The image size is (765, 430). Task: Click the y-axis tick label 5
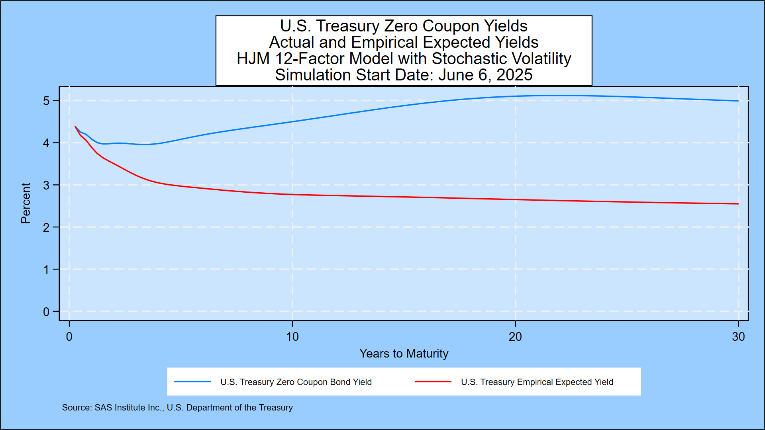tap(46, 101)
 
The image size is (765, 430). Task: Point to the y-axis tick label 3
tap(46, 185)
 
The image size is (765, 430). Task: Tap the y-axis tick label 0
tap(46, 312)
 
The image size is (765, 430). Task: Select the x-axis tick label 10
tap(292, 337)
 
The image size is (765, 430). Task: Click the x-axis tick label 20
tap(515, 337)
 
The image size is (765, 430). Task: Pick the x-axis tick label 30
tap(738, 337)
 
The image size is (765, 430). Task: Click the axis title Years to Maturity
tap(404, 354)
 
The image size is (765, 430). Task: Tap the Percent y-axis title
tap(25, 203)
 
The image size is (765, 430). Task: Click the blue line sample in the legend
tap(192, 382)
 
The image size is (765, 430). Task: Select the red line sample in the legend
tap(433, 382)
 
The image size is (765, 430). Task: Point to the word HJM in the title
tap(253, 59)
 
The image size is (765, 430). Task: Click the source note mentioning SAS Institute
tap(177, 407)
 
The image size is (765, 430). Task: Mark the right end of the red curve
tap(738, 204)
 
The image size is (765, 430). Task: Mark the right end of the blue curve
tap(738, 101)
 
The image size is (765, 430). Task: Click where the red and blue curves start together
tap(75, 127)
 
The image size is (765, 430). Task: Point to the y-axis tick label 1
tap(46, 270)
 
